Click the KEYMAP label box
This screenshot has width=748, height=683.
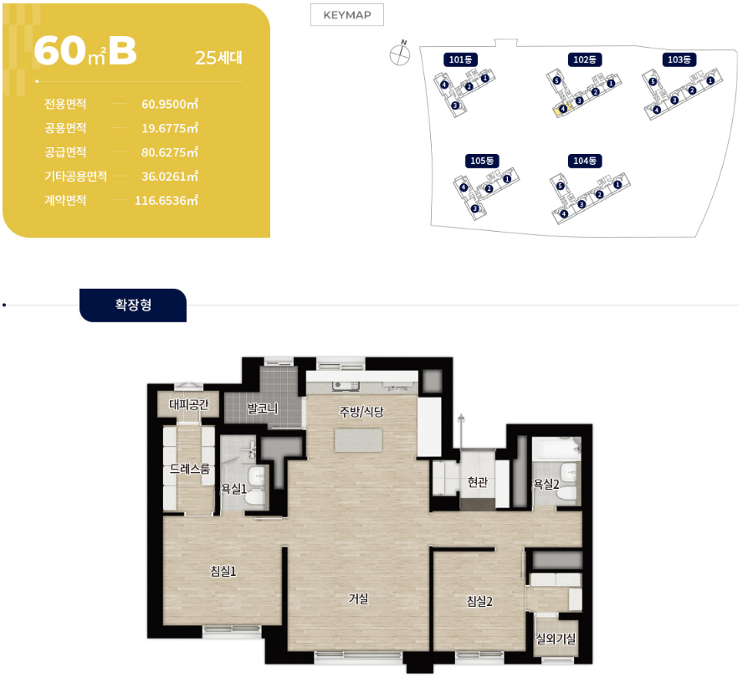347,15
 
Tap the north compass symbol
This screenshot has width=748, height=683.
400,54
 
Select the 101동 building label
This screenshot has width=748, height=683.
460,59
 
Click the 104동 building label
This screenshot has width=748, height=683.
584,161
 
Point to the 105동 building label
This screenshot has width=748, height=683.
482,161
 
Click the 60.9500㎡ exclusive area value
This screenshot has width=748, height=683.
170,104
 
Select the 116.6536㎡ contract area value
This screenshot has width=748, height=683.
166,200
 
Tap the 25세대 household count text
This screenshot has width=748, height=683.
218,58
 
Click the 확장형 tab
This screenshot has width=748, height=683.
133,305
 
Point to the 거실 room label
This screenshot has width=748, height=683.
358,598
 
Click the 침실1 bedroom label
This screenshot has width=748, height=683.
223,571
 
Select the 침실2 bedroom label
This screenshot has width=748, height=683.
479,601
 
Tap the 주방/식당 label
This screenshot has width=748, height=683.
361,412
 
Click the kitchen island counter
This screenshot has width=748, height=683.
358,440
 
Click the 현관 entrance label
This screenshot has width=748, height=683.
478,482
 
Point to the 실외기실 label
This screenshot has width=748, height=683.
556,638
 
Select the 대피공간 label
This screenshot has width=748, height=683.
189,405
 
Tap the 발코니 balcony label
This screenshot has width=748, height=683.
263,408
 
